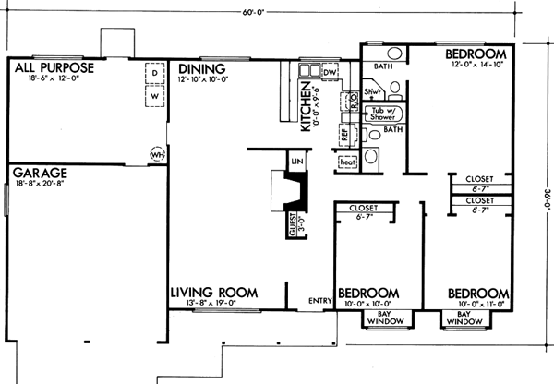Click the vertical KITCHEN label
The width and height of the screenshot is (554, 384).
click(304, 102)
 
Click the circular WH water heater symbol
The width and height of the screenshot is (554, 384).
click(157, 154)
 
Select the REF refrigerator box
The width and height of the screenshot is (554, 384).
click(344, 135)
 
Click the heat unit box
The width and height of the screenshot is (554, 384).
click(348, 162)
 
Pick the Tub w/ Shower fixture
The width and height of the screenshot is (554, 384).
click(382, 114)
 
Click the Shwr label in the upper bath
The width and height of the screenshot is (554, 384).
click(373, 92)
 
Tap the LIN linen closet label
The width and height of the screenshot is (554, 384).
click(296, 161)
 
